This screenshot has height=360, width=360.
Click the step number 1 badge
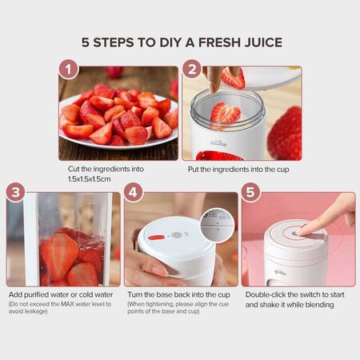69,71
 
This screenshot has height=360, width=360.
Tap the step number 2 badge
192,71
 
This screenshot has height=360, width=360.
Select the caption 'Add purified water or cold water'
61,294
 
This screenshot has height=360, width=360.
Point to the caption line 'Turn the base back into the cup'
180,294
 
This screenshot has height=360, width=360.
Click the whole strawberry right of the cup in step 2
286,132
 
